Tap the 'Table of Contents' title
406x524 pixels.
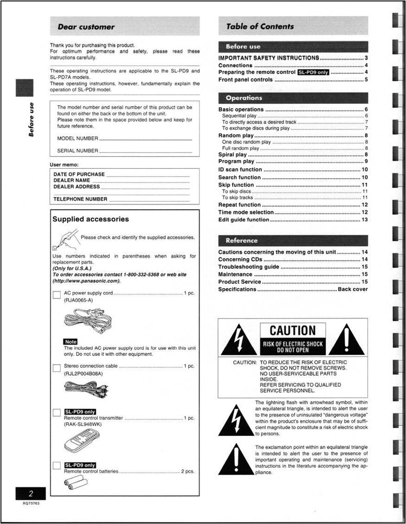coord(260,26)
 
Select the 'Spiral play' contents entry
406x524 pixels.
coord(233,155)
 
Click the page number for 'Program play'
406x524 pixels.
coord(366,161)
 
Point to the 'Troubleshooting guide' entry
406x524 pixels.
coord(248,267)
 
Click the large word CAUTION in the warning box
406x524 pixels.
coord(293,331)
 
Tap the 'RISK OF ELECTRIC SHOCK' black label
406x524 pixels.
coord(293,346)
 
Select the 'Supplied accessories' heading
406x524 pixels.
coord(91,219)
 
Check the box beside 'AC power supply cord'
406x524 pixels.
coord(57,294)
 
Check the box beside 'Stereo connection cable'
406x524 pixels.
coord(57,368)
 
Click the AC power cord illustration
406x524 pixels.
coord(87,321)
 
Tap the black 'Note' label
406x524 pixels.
coord(70,342)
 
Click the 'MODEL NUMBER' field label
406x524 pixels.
coord(78,138)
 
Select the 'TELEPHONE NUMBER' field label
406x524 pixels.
coord(80,199)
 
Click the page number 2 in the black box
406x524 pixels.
coord(31,493)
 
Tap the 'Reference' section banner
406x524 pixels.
coord(242,241)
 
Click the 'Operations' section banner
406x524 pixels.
coord(244,98)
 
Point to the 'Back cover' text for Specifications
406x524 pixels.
coord(353,289)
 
